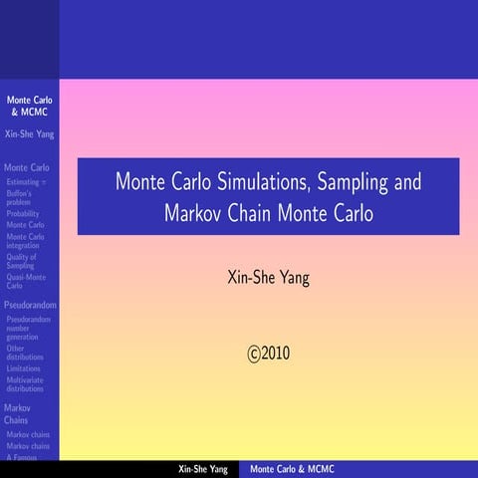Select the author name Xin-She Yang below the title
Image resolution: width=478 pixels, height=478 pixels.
269,278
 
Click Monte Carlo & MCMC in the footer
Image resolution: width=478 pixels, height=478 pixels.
292,469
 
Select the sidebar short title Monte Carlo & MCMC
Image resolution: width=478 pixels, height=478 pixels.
29,107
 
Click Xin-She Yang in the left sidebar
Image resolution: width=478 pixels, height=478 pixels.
29,133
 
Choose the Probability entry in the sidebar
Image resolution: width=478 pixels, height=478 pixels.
24,214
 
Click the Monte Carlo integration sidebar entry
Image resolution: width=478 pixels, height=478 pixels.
26,241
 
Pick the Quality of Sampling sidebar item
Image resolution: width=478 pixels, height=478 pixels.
21,262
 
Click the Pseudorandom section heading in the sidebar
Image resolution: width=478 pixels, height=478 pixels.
30,303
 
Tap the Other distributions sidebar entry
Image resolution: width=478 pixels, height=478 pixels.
24,354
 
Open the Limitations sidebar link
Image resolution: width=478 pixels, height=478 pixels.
24,368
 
